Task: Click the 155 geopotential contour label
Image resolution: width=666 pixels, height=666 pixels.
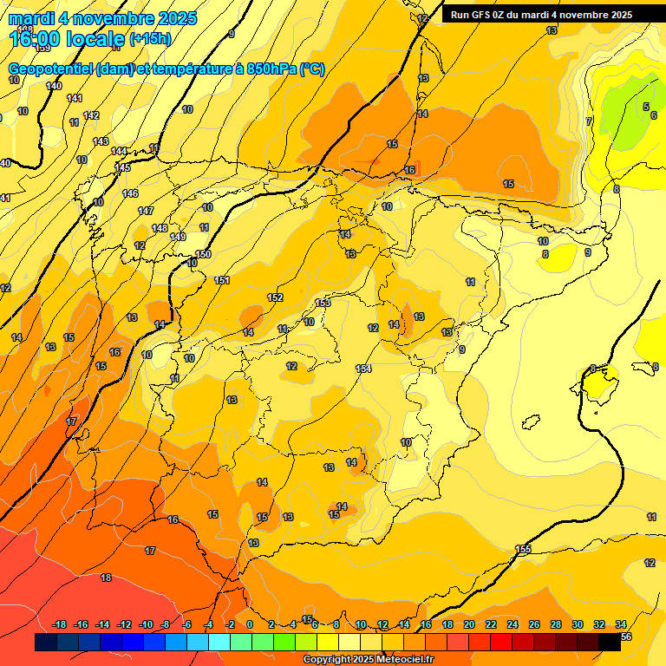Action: [523, 549]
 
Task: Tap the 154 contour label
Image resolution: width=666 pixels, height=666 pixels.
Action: [363, 369]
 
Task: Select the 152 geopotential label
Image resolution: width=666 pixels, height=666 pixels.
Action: [275, 297]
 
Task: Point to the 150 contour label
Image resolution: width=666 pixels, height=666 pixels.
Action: [204, 254]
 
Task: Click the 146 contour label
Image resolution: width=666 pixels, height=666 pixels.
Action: [130, 193]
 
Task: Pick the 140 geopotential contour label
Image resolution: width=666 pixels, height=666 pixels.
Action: [54, 86]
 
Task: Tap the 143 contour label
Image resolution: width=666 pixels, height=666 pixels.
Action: [101, 141]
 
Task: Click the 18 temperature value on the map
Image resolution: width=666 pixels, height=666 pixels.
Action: [106, 578]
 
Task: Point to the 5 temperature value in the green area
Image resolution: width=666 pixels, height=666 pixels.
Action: [645, 107]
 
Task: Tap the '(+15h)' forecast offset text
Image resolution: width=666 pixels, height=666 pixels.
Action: [150, 39]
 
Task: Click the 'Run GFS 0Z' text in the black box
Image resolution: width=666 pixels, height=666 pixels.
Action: [482, 15]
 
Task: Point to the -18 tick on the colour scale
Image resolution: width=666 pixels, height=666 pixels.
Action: [59, 624]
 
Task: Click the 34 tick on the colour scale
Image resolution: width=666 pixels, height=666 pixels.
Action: [621, 624]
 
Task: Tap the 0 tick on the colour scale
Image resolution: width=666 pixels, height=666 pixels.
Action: [250, 624]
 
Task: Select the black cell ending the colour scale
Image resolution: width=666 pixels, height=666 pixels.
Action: [610, 642]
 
